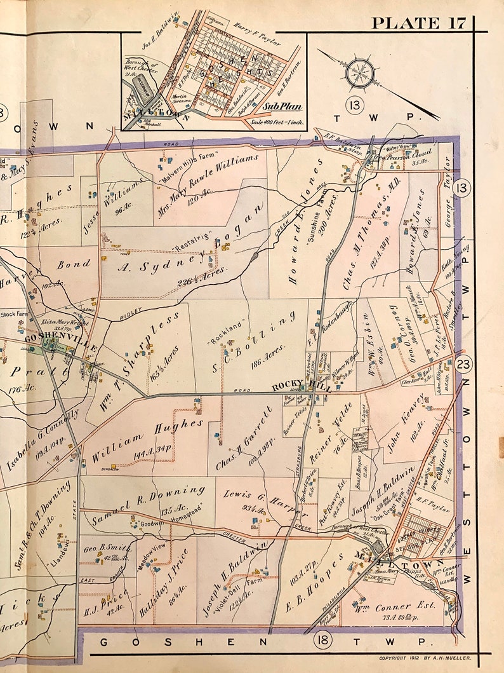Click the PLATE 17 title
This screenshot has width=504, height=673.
(419, 23)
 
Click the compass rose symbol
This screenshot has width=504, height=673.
(360, 74)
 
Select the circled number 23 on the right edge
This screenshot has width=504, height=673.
(463, 364)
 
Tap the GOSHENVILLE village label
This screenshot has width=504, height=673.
(60, 343)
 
